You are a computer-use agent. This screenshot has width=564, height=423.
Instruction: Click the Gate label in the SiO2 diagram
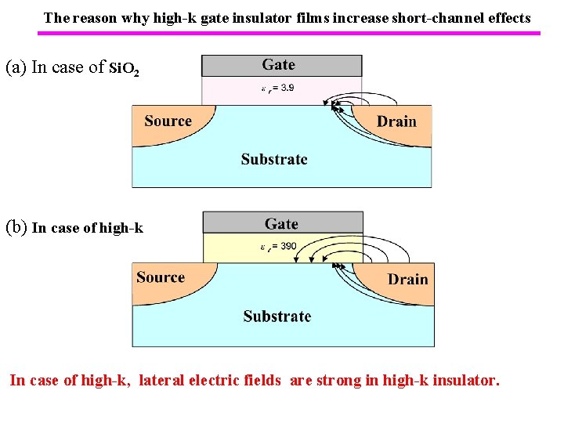279,65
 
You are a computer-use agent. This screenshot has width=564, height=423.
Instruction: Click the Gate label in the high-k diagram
281,224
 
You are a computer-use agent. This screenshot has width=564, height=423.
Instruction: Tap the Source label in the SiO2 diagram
168,121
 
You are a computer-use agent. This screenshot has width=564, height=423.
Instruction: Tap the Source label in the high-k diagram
161,277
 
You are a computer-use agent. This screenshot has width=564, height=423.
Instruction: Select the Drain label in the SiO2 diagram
396,121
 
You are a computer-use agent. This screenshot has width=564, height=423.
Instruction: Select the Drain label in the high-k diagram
407,280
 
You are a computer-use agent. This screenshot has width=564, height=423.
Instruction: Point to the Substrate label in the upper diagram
274,159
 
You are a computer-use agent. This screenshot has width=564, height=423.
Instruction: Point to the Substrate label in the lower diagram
277,316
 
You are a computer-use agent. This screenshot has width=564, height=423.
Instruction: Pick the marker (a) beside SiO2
16,67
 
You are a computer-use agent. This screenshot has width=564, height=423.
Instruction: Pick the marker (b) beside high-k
16,228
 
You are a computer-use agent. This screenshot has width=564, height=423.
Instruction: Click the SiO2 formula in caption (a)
125,69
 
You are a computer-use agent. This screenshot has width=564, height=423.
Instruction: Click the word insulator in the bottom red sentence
461,381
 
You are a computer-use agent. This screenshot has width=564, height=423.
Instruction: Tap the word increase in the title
360,17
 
